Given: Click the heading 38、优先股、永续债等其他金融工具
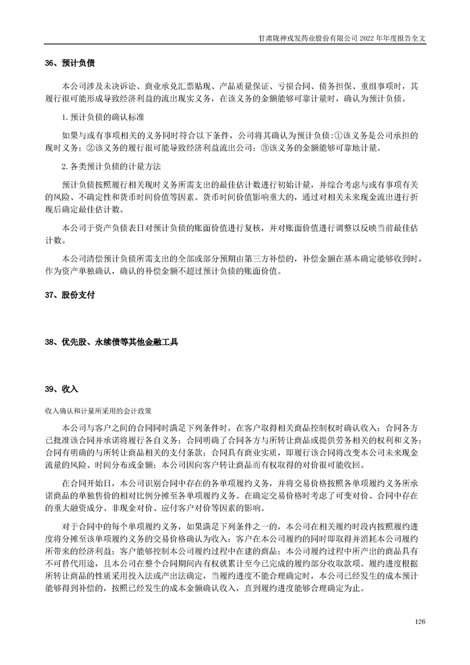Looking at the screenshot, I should tap(111, 342).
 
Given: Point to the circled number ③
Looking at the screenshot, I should tap(265, 148).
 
